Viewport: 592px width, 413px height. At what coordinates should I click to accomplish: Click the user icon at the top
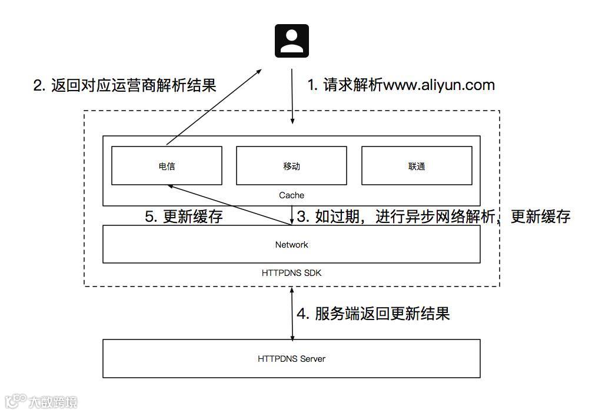point(292,41)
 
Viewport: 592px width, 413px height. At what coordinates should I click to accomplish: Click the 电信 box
point(167,166)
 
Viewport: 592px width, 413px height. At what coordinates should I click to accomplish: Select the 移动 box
point(291,166)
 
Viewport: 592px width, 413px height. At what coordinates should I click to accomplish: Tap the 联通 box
point(416,166)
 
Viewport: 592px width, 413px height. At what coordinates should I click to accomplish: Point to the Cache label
point(291,195)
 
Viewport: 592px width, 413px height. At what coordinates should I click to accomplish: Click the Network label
point(291,245)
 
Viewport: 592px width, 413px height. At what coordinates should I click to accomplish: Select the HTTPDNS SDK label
point(291,273)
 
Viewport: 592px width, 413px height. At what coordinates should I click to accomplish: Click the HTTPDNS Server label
point(291,358)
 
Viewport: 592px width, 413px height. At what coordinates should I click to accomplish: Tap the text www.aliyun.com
point(439,85)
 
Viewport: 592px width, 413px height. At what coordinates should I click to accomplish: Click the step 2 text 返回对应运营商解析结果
point(133,85)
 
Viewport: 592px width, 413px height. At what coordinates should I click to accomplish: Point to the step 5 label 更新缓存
point(192,217)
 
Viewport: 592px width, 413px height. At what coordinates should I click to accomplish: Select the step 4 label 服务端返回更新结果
point(382,314)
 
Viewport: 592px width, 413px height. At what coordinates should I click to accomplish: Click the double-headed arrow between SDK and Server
point(292,313)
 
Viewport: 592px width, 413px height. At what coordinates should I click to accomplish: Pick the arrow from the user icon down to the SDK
point(292,97)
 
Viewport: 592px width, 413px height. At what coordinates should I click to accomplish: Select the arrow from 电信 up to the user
point(214,106)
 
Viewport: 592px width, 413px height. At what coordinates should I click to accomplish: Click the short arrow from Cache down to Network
point(292,215)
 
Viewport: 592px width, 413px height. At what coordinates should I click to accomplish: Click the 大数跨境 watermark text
point(53,402)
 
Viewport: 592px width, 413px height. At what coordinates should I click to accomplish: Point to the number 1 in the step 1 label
point(311,85)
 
